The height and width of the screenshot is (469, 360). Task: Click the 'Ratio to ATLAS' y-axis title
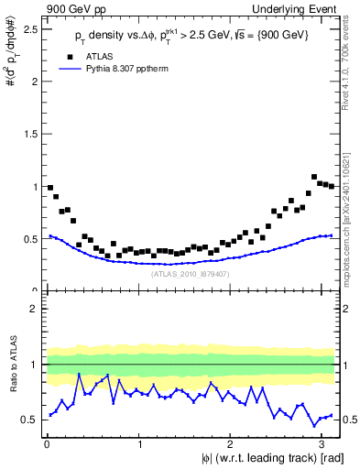(x=12, y=364)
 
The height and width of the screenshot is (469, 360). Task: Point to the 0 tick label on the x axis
(x=46, y=445)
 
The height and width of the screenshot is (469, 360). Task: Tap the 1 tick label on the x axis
(x=137, y=445)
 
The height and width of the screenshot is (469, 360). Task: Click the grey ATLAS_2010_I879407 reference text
(x=191, y=273)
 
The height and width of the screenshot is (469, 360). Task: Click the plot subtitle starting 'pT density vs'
(x=192, y=36)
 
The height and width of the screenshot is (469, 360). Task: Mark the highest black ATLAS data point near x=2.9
(x=314, y=177)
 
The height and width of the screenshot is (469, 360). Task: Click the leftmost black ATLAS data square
(x=50, y=188)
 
